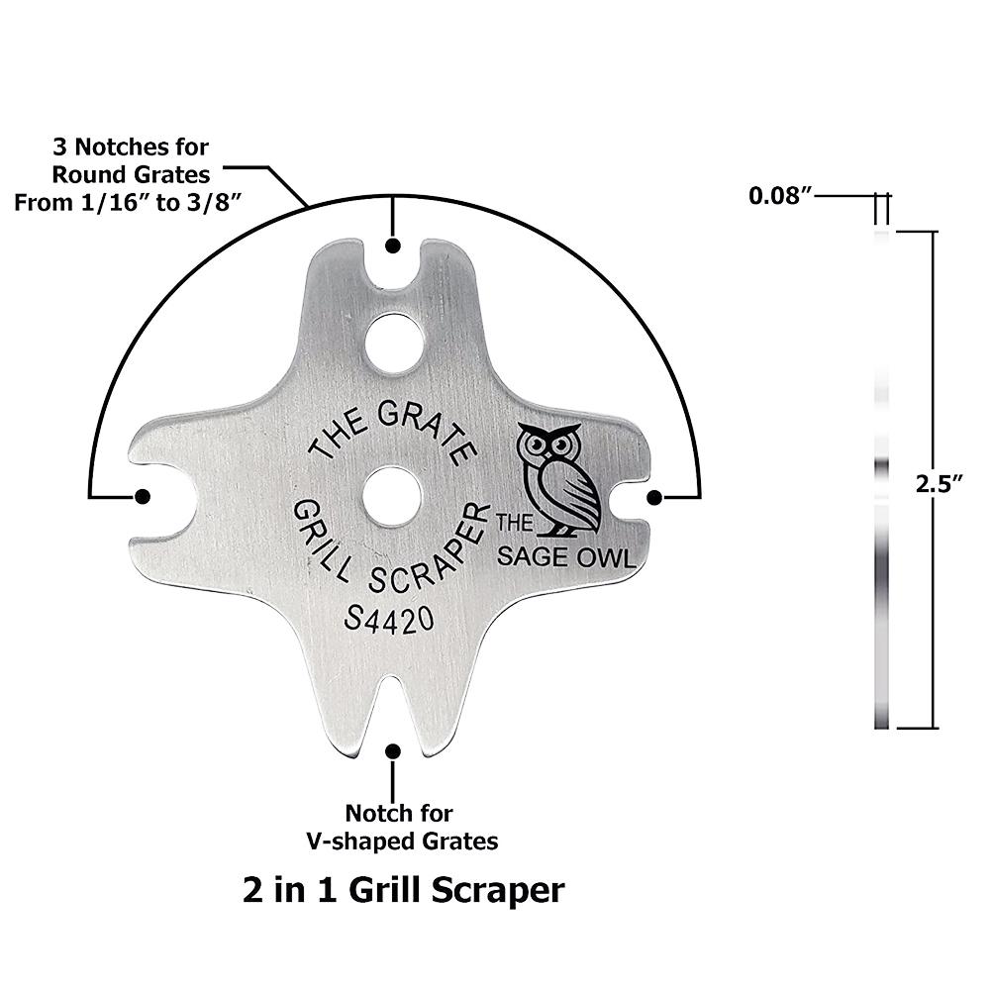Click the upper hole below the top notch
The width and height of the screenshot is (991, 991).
pos(393,342)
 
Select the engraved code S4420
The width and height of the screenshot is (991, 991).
pos(389,619)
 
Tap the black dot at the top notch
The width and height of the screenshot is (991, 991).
pos(393,246)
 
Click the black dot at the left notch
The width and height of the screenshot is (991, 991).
pos(143,496)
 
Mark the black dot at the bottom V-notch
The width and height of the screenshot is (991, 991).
pos(393,751)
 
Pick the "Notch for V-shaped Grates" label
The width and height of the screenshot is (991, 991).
pos(399,828)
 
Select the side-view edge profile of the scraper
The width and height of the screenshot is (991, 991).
pos(881,480)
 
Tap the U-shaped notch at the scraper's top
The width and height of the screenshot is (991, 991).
pos(393,267)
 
